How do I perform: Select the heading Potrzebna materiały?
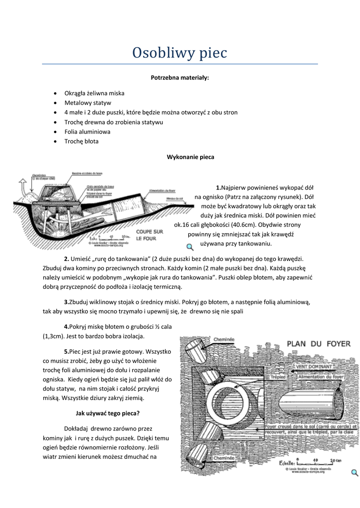[180, 78]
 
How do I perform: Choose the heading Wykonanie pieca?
[190, 157]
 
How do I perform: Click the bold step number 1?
[218, 187]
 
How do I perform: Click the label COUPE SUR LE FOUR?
[150, 235]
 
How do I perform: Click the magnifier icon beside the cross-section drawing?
[190, 247]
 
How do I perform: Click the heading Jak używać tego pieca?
[107, 413]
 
